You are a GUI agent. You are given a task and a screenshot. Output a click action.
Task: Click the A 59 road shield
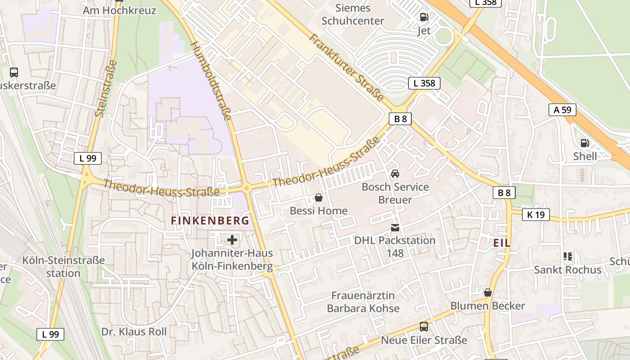pyautogui.click(x=562, y=110)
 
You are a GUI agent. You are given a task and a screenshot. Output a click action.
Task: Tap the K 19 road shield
pyautogui.click(x=536, y=215)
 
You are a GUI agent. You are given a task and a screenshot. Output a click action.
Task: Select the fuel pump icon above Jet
pyautogui.click(x=424, y=17)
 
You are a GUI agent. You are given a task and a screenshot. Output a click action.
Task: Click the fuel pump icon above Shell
pyautogui.click(x=585, y=143)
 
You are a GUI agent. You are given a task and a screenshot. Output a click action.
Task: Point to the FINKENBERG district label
pyautogui.click(x=210, y=220)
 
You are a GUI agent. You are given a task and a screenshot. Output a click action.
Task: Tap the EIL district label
pyautogui.click(x=502, y=243)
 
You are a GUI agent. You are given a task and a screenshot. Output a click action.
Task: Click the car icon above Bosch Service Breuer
pyautogui.click(x=395, y=173)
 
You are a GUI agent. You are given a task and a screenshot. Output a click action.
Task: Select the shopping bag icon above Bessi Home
pyautogui.click(x=319, y=197)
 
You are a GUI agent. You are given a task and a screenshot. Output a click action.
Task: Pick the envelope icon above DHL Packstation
pyautogui.click(x=395, y=227)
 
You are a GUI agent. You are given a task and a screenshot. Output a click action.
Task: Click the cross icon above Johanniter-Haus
pyautogui.click(x=232, y=240)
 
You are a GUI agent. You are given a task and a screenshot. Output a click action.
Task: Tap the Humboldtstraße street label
pyautogui.click(x=211, y=81)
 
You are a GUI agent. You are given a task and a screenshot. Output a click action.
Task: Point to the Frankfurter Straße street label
pyautogui.click(x=346, y=67)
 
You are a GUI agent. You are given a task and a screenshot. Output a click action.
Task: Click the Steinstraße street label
pyautogui.click(x=106, y=89)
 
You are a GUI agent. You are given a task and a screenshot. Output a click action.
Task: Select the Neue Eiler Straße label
pyautogui.click(x=424, y=340)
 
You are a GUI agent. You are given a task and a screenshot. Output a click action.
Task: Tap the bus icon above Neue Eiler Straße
pyautogui.click(x=424, y=326)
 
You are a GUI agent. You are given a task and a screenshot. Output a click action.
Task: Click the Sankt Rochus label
pyautogui.click(x=567, y=270)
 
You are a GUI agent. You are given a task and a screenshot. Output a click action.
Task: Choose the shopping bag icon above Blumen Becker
pyautogui.click(x=488, y=292)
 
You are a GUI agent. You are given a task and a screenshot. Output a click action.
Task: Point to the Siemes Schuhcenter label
pyautogui.click(x=353, y=14)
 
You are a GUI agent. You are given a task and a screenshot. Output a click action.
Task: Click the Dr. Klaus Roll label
pyautogui.click(x=134, y=332)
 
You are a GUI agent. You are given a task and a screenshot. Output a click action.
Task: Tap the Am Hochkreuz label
pyautogui.click(x=119, y=10)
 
